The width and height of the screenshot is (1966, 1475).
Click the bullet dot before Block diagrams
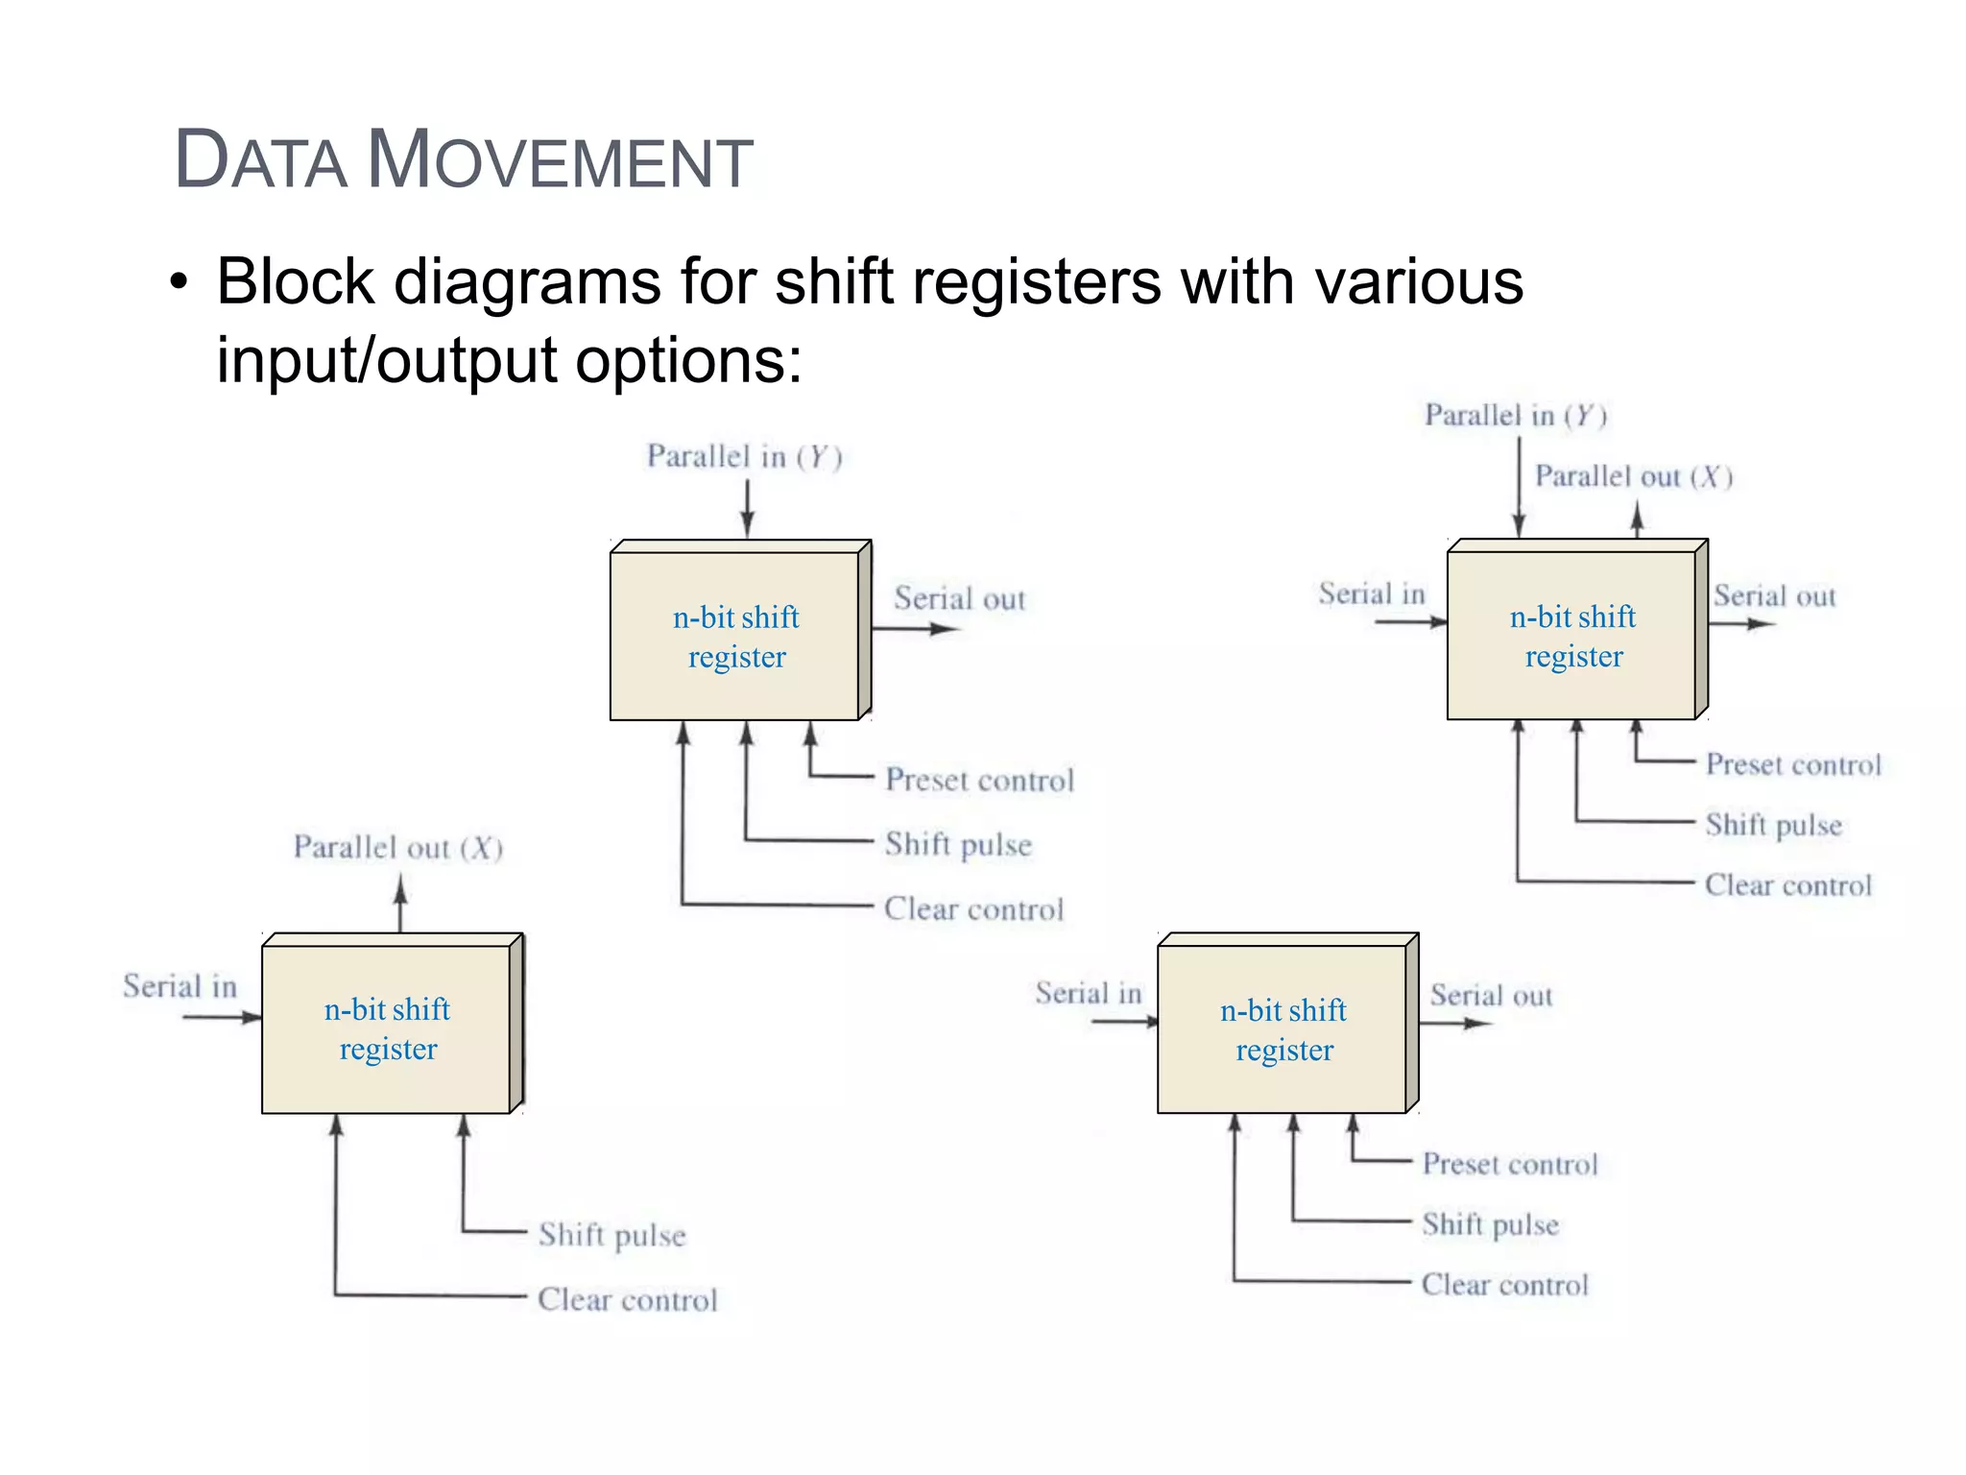179,283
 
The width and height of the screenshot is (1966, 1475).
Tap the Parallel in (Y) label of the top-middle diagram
744,456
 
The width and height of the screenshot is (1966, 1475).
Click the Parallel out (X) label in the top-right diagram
1633,476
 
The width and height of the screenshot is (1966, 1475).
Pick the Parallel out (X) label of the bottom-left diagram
398,848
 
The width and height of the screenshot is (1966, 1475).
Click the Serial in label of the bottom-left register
180,986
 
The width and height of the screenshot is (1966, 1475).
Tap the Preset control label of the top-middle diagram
979,780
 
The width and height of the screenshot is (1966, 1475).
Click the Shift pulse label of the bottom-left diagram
612,1235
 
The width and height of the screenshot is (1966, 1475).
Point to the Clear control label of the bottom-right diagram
1504,1285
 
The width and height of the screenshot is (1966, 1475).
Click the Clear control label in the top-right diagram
1787,885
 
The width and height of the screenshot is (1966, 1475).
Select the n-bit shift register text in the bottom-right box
1283,1029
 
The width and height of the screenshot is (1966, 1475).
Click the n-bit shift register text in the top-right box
1572,636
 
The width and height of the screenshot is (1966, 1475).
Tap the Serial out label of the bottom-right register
1491,996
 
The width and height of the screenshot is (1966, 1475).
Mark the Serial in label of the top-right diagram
1371,594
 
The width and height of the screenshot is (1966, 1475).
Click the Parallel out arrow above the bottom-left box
401,905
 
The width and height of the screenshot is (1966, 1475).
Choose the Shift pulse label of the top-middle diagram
958,844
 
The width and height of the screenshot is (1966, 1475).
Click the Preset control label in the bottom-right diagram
1509,1165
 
